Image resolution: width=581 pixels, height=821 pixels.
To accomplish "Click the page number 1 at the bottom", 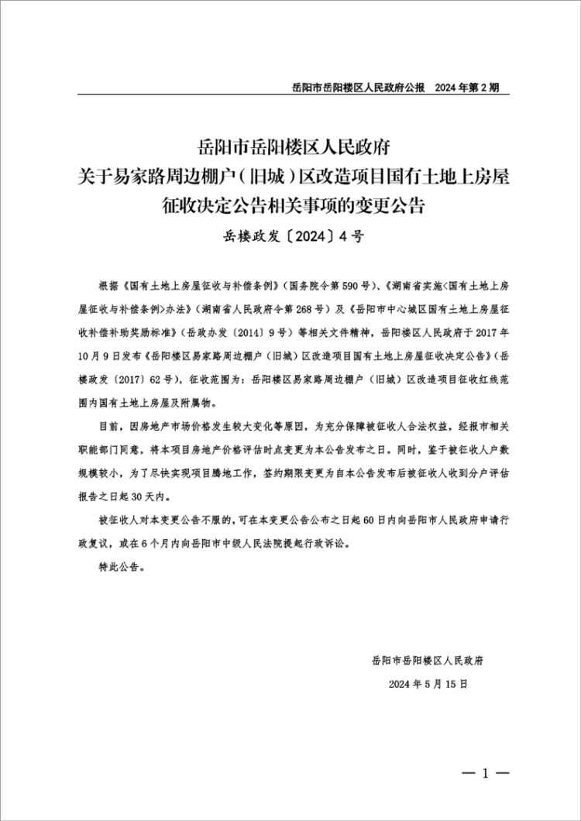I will [x=486, y=774].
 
